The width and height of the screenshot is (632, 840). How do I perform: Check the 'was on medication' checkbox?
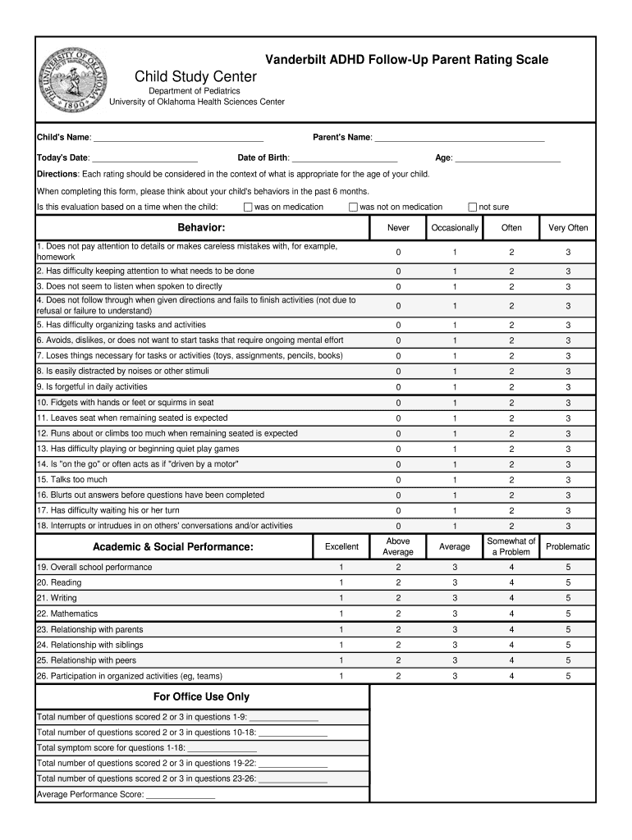click(x=248, y=207)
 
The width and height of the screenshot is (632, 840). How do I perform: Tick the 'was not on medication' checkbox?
click(x=354, y=207)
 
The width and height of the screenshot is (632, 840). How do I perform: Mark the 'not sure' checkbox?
click(x=473, y=207)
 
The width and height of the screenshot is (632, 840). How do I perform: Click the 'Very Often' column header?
click(x=568, y=228)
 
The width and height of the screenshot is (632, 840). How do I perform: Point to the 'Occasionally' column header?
click(x=455, y=228)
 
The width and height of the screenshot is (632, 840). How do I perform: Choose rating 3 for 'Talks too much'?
click(x=568, y=480)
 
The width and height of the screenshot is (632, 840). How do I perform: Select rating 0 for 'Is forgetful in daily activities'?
click(x=399, y=387)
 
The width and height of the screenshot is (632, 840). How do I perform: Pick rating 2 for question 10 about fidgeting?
click(x=511, y=403)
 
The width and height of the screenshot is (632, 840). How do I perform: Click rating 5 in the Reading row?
click(x=568, y=583)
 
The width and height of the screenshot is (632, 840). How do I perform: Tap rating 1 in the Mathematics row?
click(x=341, y=614)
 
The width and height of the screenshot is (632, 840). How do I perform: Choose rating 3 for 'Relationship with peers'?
click(x=455, y=660)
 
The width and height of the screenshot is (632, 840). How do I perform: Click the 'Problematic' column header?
click(x=568, y=546)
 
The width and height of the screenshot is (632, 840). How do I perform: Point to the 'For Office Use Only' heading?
click(x=202, y=697)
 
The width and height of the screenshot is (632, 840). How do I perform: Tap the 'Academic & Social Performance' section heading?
click(x=173, y=546)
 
